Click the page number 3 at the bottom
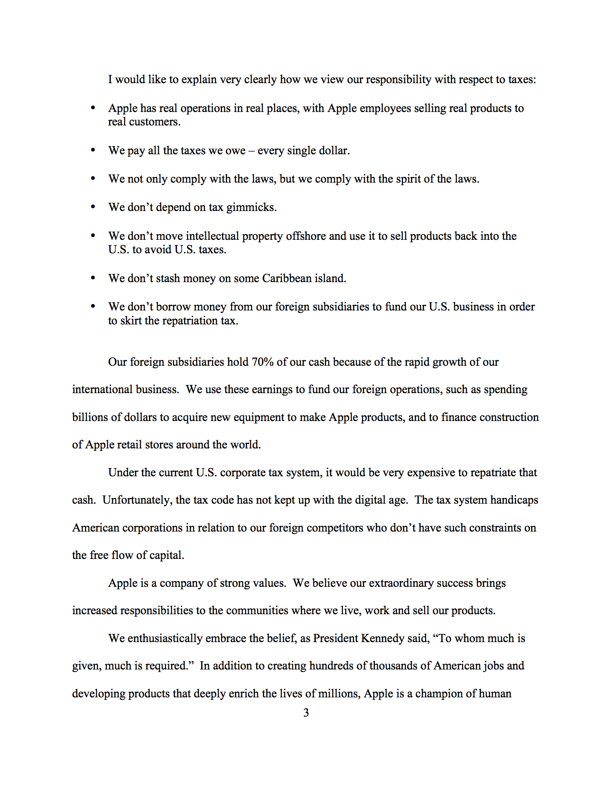pyautogui.click(x=306, y=713)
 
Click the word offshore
pyautogui.click(x=306, y=236)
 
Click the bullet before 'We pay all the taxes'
pyautogui.click(x=93, y=150)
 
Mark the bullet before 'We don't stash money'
pyautogui.click(x=93, y=278)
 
